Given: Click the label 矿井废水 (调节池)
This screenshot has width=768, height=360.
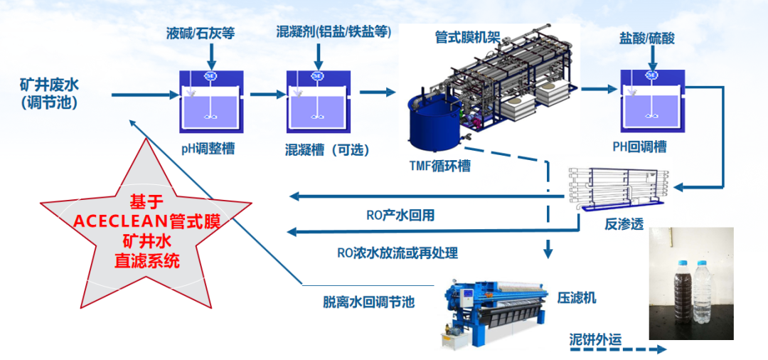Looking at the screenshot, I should [49, 94].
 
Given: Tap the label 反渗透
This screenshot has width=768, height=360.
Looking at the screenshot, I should [624, 224].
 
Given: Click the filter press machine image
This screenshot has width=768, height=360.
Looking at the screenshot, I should [498, 310].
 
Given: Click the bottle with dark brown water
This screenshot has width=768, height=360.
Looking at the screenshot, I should [678, 295].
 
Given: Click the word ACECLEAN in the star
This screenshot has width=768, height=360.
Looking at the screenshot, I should [110, 222].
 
